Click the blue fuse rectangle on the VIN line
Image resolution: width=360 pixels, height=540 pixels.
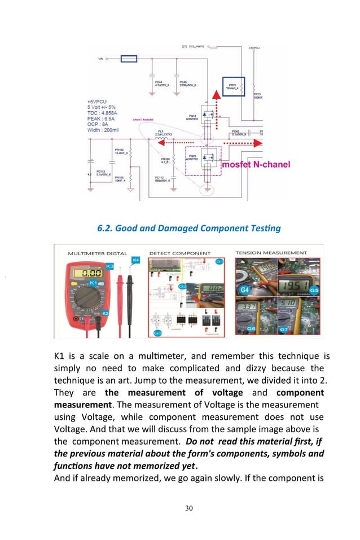point(129,58)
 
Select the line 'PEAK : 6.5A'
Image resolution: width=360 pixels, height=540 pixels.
point(102,118)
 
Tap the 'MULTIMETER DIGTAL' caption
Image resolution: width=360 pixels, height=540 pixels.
point(97,253)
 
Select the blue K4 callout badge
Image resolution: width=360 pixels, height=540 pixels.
point(135,260)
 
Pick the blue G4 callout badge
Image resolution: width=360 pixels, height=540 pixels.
point(245,289)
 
